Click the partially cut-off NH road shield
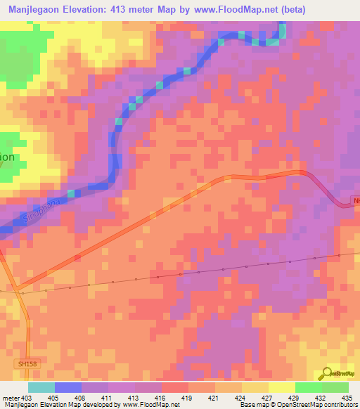tap(355, 201)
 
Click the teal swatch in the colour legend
tap(41, 387)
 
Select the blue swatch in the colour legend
tap(68, 387)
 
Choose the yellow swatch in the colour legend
tap(281, 387)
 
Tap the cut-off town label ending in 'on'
tap(7, 157)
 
